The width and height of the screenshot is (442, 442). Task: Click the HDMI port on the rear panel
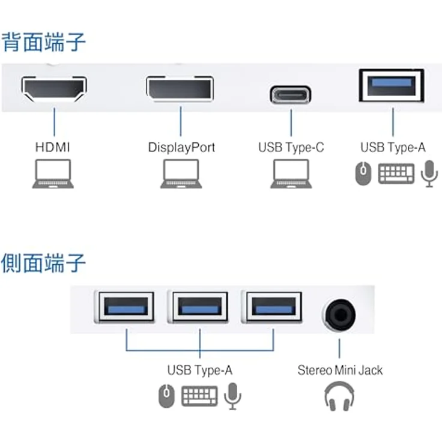[x=54, y=90]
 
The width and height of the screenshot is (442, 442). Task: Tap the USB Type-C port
[x=291, y=95]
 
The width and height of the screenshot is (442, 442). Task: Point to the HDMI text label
[x=53, y=147]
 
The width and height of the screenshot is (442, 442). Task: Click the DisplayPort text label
[x=181, y=147]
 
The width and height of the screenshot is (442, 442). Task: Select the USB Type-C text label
[x=291, y=147]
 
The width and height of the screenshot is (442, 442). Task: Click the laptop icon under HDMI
[x=53, y=175]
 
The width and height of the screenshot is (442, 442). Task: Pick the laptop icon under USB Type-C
[x=291, y=175]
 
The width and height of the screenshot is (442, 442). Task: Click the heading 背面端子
[x=44, y=42]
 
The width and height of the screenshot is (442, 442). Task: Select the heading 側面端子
[x=44, y=263]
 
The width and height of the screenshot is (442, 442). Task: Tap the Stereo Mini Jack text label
[x=340, y=370]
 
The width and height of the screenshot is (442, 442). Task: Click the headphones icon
[x=339, y=397]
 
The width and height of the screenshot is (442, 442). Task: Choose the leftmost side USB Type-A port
[x=126, y=307]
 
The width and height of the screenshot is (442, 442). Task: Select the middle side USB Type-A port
[x=199, y=307]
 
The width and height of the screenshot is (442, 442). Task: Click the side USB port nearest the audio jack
[x=271, y=307]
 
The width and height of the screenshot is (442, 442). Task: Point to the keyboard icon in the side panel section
[x=199, y=396]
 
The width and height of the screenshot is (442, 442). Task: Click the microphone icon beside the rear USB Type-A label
[x=428, y=173]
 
